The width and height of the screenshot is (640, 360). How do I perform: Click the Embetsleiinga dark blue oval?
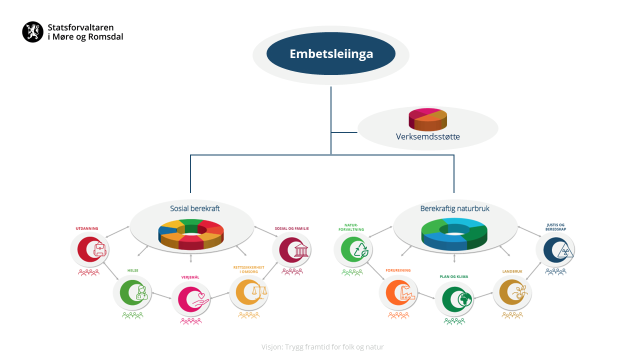[331, 53]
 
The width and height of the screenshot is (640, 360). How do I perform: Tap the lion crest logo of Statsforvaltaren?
[33, 31]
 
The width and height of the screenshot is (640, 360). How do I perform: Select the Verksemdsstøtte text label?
[427, 136]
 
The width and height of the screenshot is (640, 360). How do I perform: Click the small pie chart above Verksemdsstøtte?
[427, 119]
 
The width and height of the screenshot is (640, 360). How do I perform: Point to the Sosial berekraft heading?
[194, 208]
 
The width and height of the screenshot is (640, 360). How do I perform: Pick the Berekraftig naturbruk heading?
[454, 208]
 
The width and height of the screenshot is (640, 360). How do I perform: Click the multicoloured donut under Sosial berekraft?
[191, 234]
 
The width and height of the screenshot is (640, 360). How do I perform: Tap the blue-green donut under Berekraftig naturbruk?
[454, 234]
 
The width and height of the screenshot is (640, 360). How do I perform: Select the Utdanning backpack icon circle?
[89, 249]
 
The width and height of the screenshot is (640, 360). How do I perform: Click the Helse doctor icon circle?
[132, 292]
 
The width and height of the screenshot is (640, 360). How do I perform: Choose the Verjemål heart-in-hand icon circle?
[191, 299]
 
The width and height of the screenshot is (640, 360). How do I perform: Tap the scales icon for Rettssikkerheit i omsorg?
[259, 292]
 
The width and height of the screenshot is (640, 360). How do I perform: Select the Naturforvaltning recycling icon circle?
[353, 249]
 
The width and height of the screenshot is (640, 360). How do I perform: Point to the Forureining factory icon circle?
[398, 292]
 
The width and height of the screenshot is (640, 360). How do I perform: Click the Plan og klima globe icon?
[464, 299]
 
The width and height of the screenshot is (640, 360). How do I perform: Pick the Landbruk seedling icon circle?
[512, 292]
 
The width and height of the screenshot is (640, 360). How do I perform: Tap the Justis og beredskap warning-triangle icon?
[565, 250]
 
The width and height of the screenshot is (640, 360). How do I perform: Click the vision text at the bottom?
[322, 347]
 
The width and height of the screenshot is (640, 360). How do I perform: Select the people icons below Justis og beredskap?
[555, 271]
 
